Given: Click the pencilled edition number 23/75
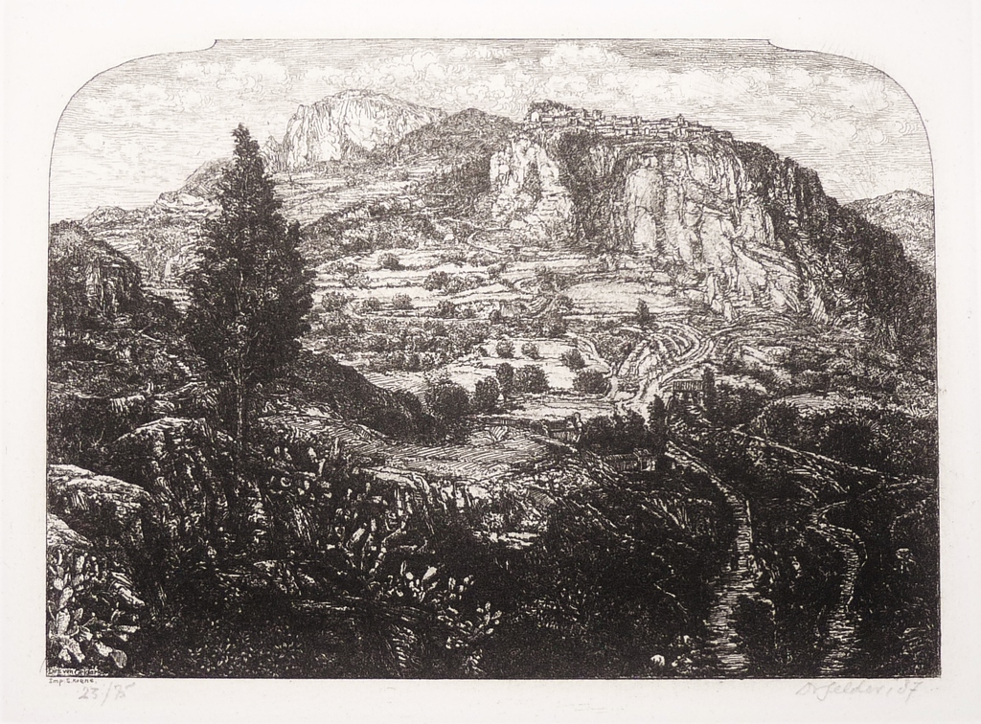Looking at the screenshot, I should (x=105, y=690).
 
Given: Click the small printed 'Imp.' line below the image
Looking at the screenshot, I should (x=69, y=680).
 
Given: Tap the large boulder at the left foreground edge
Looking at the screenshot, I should (x=91, y=498).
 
